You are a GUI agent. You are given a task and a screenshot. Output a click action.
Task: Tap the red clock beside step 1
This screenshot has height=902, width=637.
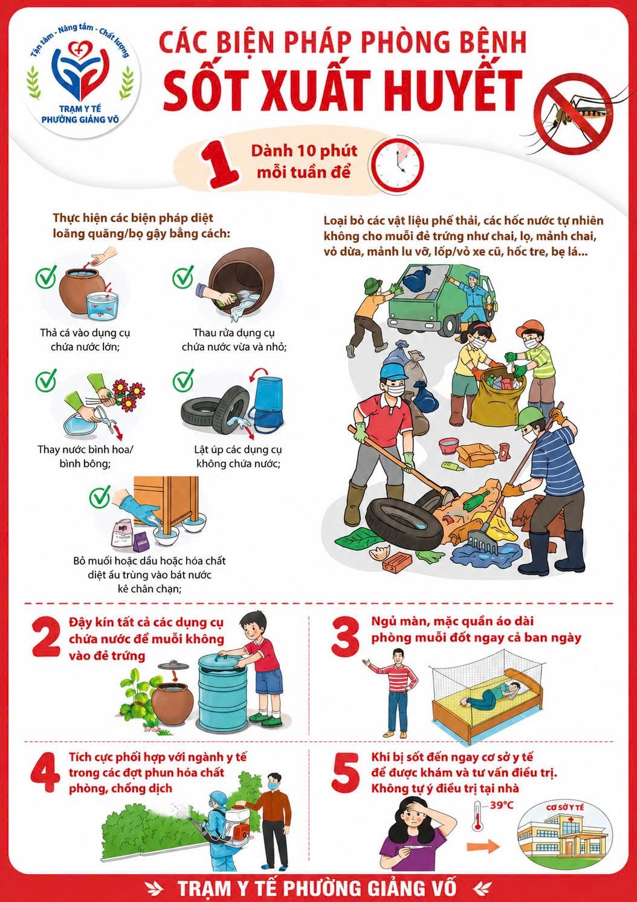[398, 166]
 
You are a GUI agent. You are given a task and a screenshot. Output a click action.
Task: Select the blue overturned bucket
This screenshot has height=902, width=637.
[267, 402]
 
